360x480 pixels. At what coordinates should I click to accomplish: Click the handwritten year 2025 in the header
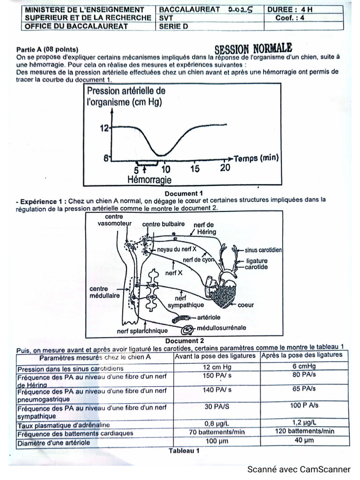pos(240,9)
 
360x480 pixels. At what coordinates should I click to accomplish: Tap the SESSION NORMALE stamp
pos(254,48)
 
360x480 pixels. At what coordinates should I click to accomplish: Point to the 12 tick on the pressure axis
pos(104,127)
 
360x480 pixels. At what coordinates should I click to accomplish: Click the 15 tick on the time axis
pos(195,169)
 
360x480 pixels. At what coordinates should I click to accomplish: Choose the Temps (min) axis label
pos(255,158)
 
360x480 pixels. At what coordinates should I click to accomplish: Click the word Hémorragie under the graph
pos(149,180)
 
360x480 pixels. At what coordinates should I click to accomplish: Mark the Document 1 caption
pos(184,193)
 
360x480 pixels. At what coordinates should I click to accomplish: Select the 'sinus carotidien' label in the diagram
pos(263,250)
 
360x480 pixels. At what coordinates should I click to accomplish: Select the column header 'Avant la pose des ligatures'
pos(216,356)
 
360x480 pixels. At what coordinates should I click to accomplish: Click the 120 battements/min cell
pos(304,431)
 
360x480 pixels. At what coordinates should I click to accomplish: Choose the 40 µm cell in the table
pos(304,441)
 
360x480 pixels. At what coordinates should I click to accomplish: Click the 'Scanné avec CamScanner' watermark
pos(299,469)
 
